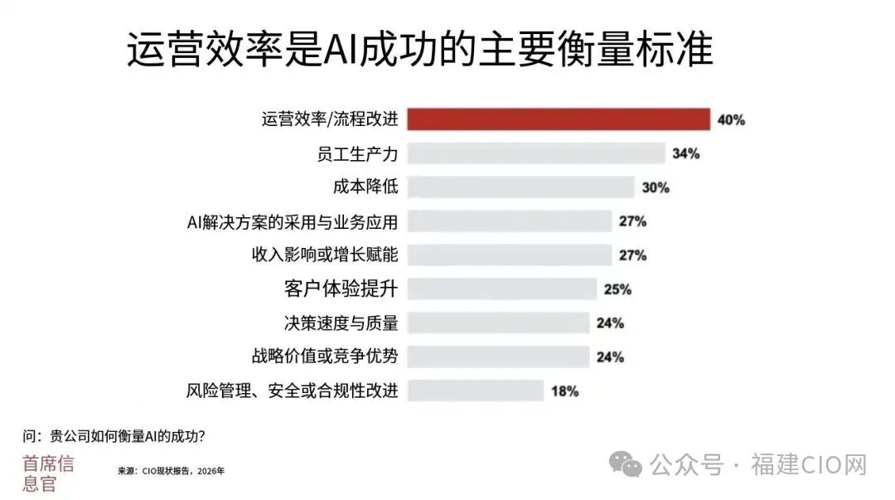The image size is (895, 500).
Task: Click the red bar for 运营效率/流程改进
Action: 559,119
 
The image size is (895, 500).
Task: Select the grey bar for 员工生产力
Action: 536,153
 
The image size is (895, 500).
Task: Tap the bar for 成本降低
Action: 520,187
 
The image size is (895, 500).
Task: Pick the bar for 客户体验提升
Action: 501,289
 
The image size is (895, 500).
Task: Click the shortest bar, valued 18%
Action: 475,391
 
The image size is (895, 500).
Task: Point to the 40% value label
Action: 731,120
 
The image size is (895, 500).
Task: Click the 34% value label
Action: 685,153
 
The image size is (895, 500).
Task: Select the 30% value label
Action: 656,187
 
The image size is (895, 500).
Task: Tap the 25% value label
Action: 617,289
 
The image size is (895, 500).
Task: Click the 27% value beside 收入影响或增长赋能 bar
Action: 632,255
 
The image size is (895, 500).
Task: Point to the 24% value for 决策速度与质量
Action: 610,323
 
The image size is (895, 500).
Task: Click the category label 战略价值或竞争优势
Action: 325,356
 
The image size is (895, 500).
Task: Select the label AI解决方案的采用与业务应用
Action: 293,221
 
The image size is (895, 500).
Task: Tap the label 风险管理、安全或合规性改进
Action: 293,391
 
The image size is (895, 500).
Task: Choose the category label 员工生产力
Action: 357,153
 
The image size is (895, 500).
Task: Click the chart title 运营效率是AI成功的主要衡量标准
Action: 419,49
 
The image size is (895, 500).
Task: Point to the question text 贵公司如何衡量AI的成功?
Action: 128,437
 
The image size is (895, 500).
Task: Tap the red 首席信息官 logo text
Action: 48,473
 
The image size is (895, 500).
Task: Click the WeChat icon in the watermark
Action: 626,464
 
